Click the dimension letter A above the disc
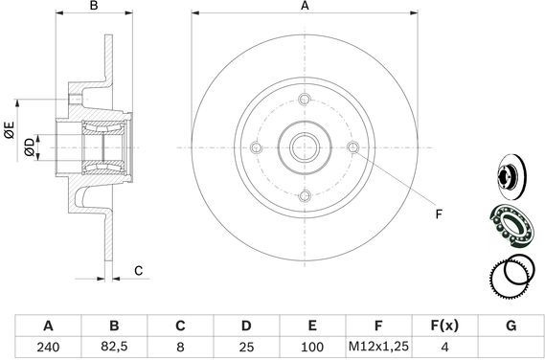pyautogui.click(x=305, y=6)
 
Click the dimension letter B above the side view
pyautogui.click(x=94, y=6)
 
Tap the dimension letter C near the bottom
pyautogui.click(x=138, y=270)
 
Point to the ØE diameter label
pyautogui.click(x=10, y=130)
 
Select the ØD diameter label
pyautogui.click(x=30, y=147)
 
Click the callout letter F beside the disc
pyautogui.click(x=439, y=214)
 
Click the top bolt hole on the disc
pyautogui.click(x=305, y=100)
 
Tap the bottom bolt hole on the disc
pyautogui.click(x=305, y=195)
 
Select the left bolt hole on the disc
pyautogui.click(x=256, y=147)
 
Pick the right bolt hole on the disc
pyautogui.click(x=353, y=147)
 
